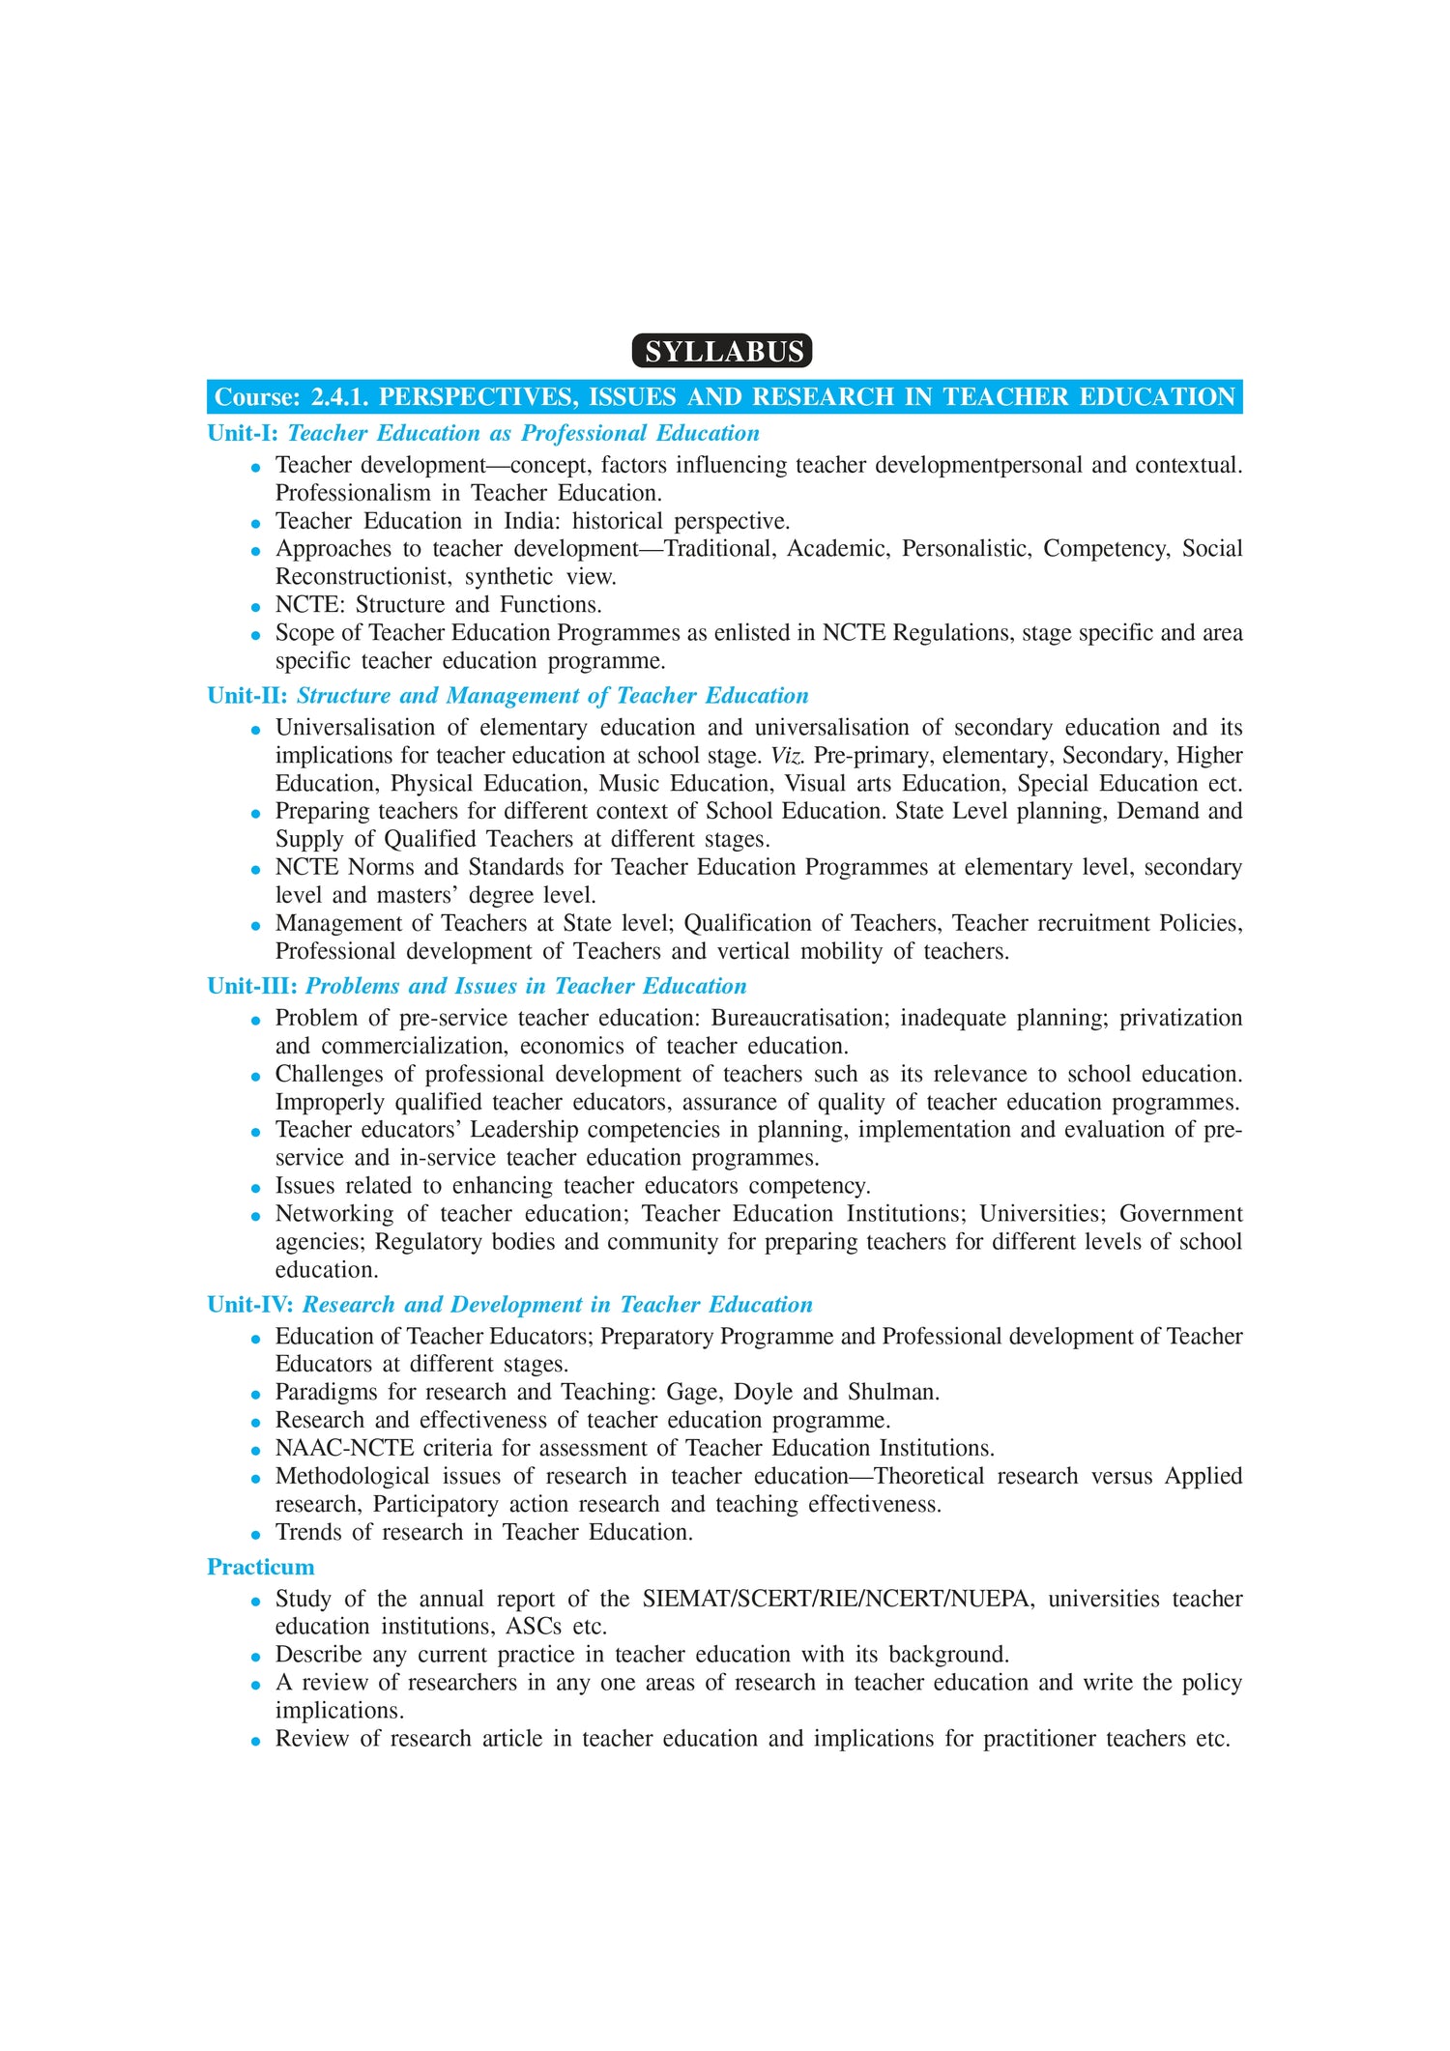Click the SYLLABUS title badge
pyautogui.click(x=723, y=351)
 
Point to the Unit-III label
pyautogui.click(x=252, y=986)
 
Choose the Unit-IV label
pyautogui.click(x=250, y=1305)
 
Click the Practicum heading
pyautogui.click(x=261, y=1567)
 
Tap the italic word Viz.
pyautogui.click(x=787, y=755)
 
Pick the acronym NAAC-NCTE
pyautogui.click(x=344, y=1448)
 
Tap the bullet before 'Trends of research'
pyautogui.click(x=256, y=1534)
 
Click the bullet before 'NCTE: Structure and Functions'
pyautogui.click(x=256, y=607)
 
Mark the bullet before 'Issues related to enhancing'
pyautogui.click(x=256, y=1188)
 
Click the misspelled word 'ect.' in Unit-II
pyautogui.click(x=1225, y=783)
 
